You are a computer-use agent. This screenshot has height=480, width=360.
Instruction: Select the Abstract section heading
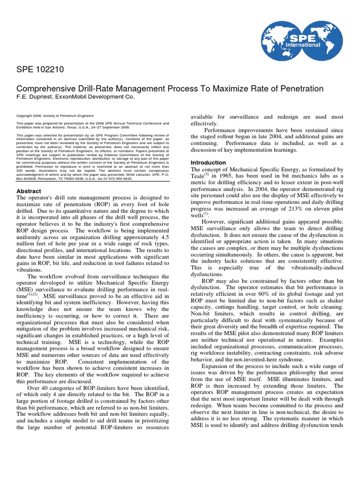(29, 191)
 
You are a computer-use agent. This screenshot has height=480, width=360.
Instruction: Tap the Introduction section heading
(208, 163)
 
